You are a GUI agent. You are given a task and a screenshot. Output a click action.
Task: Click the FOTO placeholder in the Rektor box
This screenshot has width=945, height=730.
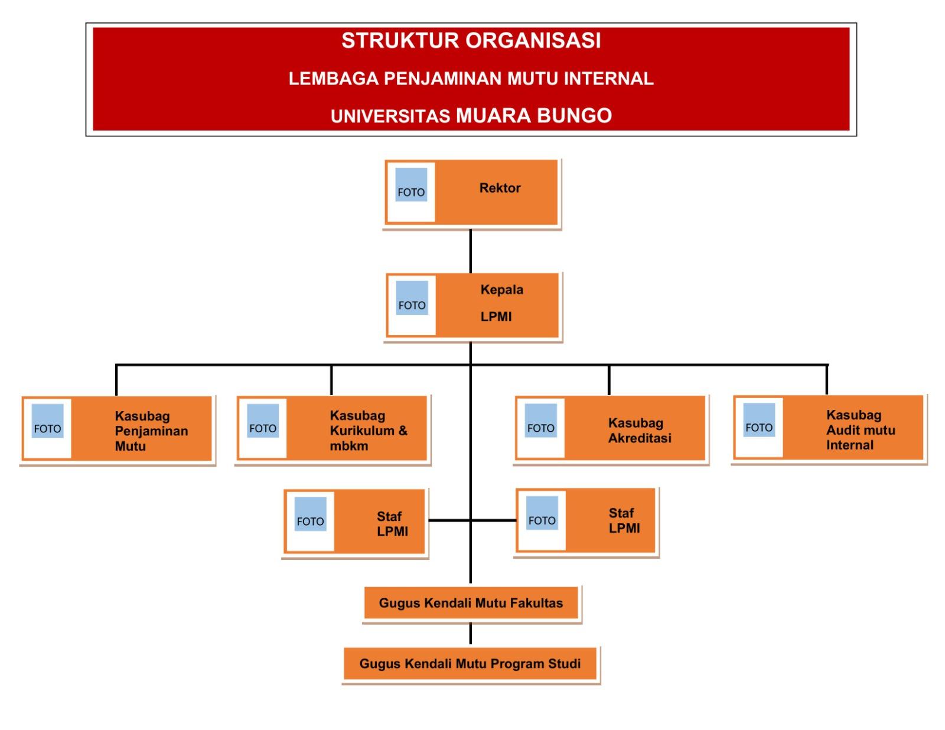click(x=411, y=185)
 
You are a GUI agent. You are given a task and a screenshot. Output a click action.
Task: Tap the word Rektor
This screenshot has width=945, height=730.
click(x=500, y=188)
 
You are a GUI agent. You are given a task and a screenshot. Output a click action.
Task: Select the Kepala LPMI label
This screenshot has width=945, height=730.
click(x=501, y=303)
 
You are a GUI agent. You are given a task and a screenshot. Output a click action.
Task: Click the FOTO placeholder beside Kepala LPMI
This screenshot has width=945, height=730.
click(x=412, y=298)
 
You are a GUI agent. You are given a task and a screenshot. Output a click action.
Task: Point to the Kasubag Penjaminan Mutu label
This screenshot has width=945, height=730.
click(x=151, y=431)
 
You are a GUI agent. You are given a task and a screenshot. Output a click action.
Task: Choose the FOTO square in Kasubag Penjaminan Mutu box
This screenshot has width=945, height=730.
click(x=47, y=421)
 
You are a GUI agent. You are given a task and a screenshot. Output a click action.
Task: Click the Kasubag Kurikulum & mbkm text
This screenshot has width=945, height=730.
click(x=368, y=431)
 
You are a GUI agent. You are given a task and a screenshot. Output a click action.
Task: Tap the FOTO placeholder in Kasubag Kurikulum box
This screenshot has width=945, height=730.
click(x=263, y=421)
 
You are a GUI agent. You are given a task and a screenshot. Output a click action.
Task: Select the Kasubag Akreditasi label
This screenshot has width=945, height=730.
click(x=640, y=431)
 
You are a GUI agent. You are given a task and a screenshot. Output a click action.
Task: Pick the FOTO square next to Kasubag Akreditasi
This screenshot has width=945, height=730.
click(x=541, y=421)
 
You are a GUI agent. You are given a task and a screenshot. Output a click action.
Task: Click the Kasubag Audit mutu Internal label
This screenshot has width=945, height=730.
click(x=860, y=430)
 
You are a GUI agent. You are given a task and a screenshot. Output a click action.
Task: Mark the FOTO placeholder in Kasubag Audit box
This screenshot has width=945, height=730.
click(x=759, y=420)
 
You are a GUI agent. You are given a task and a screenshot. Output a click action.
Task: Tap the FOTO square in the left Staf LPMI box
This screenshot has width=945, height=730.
click(x=310, y=514)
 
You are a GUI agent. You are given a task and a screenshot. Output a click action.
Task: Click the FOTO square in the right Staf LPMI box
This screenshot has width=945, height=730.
click(x=542, y=513)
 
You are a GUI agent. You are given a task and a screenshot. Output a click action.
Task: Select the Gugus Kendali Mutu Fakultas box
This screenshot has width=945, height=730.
click(x=471, y=603)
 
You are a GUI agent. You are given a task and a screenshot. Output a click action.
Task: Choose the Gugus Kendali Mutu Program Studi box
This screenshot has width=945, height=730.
click(x=470, y=664)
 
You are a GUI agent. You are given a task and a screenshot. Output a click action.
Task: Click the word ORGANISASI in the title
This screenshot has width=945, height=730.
click(x=533, y=41)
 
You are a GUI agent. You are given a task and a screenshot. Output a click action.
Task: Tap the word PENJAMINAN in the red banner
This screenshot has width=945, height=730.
click(x=443, y=79)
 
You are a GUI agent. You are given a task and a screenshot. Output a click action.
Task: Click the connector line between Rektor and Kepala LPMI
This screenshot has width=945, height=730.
click(x=471, y=251)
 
